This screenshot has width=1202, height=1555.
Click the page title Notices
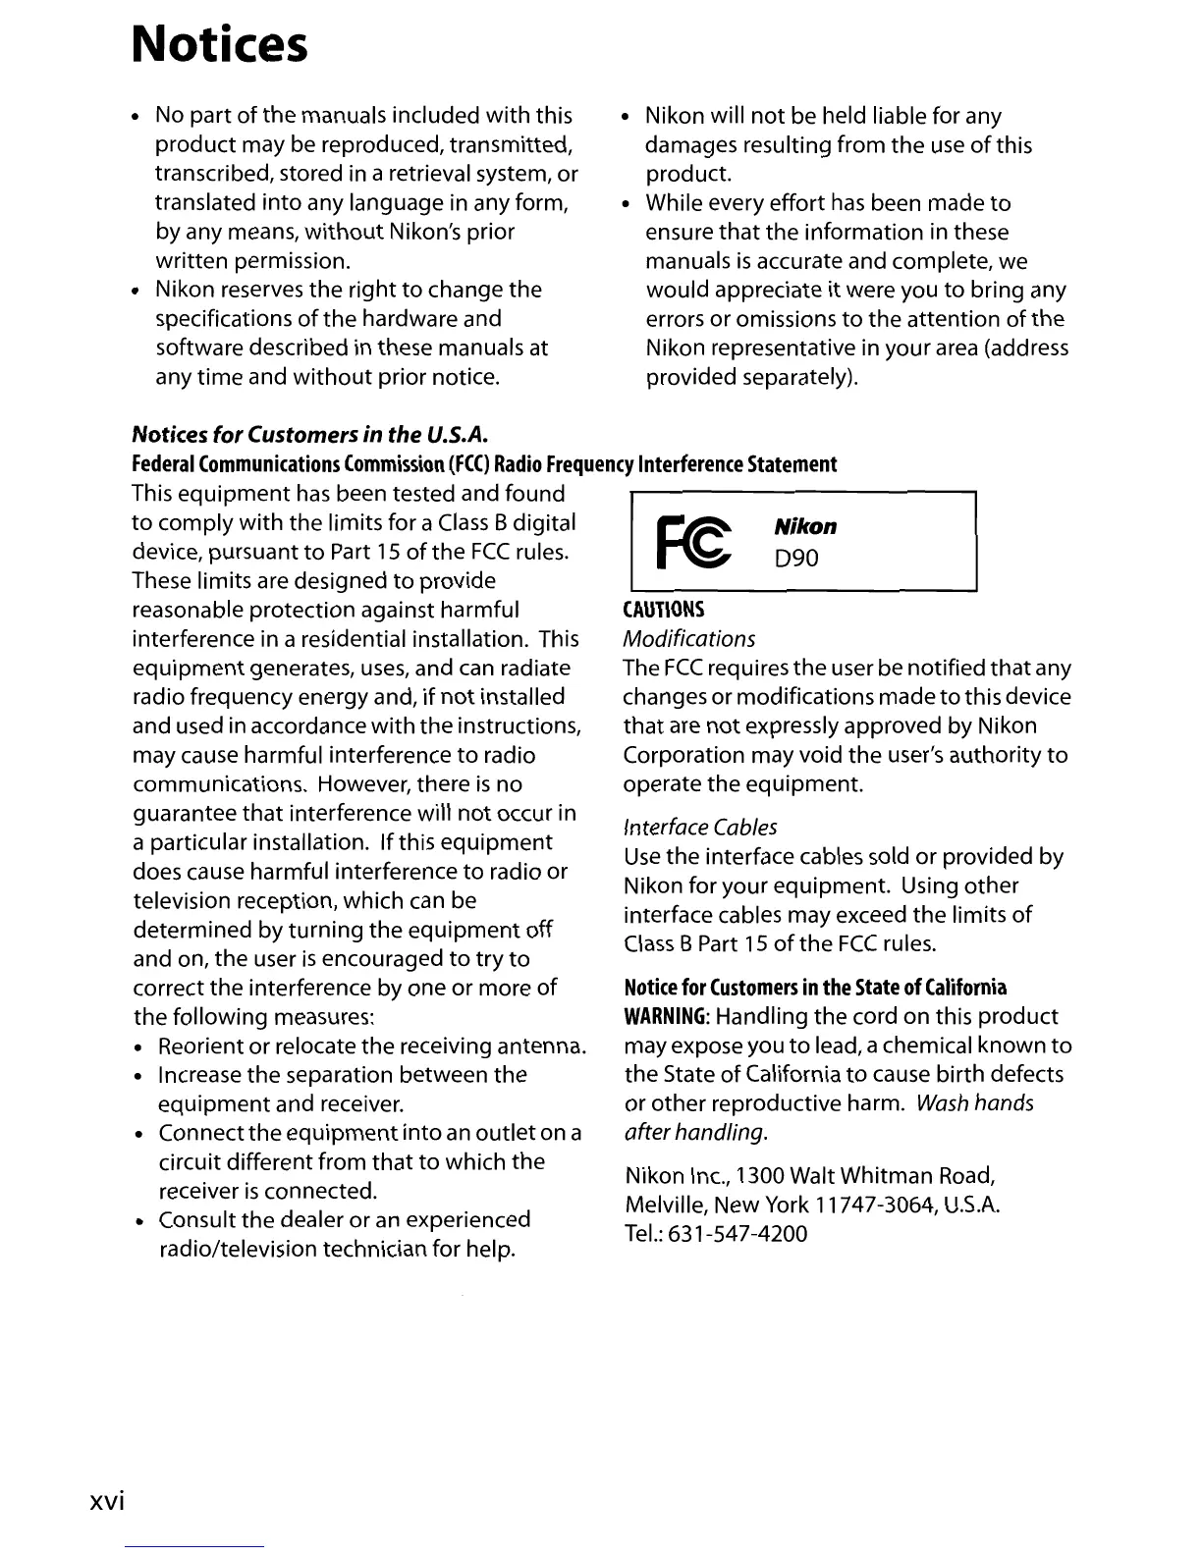(220, 44)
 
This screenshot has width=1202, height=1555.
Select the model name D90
(795, 558)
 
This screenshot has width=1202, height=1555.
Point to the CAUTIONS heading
(664, 610)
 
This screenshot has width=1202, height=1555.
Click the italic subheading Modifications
(689, 639)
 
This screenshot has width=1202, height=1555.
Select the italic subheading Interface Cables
(700, 827)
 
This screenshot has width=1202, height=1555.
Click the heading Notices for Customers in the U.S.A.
(310, 434)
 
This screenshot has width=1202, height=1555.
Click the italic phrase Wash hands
(974, 1103)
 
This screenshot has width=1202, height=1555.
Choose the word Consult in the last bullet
(197, 1220)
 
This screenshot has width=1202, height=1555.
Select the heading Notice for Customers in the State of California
(815, 987)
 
